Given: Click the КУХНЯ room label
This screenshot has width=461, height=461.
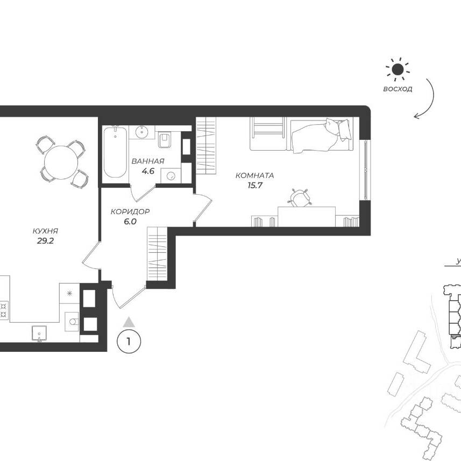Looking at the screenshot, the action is (45, 231).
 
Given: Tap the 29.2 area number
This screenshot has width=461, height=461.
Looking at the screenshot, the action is (45, 241).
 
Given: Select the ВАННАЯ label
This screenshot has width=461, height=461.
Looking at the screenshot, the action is (148, 161).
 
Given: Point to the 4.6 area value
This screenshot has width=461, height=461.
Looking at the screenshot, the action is (148, 171).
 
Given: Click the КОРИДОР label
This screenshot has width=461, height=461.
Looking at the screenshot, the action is (130, 211).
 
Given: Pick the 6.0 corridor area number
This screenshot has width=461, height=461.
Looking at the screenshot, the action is (130, 222).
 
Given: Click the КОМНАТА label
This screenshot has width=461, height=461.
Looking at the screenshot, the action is (254, 175).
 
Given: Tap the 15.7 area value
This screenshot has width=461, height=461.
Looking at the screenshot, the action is (254, 186).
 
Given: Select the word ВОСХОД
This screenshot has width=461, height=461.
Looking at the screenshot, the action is (398, 89).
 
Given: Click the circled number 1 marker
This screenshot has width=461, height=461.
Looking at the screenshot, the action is (129, 342).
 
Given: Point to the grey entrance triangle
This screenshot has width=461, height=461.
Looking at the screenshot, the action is (129, 322).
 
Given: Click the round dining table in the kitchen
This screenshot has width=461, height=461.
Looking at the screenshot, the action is (61, 162).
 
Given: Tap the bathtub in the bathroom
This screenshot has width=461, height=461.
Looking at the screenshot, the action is (115, 152).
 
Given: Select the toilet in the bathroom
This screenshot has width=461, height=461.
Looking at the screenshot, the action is (165, 140).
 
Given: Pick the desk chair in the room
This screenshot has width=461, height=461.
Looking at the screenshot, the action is (299, 197).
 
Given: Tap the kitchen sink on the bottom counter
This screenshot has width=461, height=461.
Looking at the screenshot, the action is (39, 333).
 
